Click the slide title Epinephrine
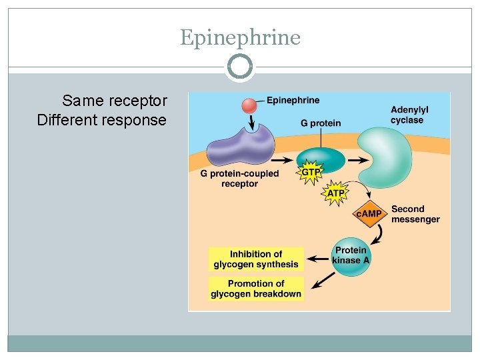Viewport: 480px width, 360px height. tap(240, 37)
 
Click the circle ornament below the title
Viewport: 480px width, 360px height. tap(240, 67)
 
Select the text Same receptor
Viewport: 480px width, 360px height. tap(114, 101)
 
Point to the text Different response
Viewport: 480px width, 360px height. tap(102, 120)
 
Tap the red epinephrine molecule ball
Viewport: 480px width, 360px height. tap(248, 105)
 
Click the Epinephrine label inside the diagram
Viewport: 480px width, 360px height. tap(293, 101)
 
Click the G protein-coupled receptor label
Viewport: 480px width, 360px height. tap(239, 179)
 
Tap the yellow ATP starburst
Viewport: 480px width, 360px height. tap(335, 193)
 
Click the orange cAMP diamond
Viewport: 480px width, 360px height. tap(369, 213)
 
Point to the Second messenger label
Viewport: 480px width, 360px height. tap(415, 214)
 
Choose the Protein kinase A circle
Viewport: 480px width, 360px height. tap(351, 255)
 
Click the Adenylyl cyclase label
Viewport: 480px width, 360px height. tap(408, 115)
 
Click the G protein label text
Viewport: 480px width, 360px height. tap(321, 123)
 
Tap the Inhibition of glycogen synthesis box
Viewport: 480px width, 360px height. tap(256, 259)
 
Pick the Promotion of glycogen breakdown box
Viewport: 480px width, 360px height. tap(256, 289)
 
